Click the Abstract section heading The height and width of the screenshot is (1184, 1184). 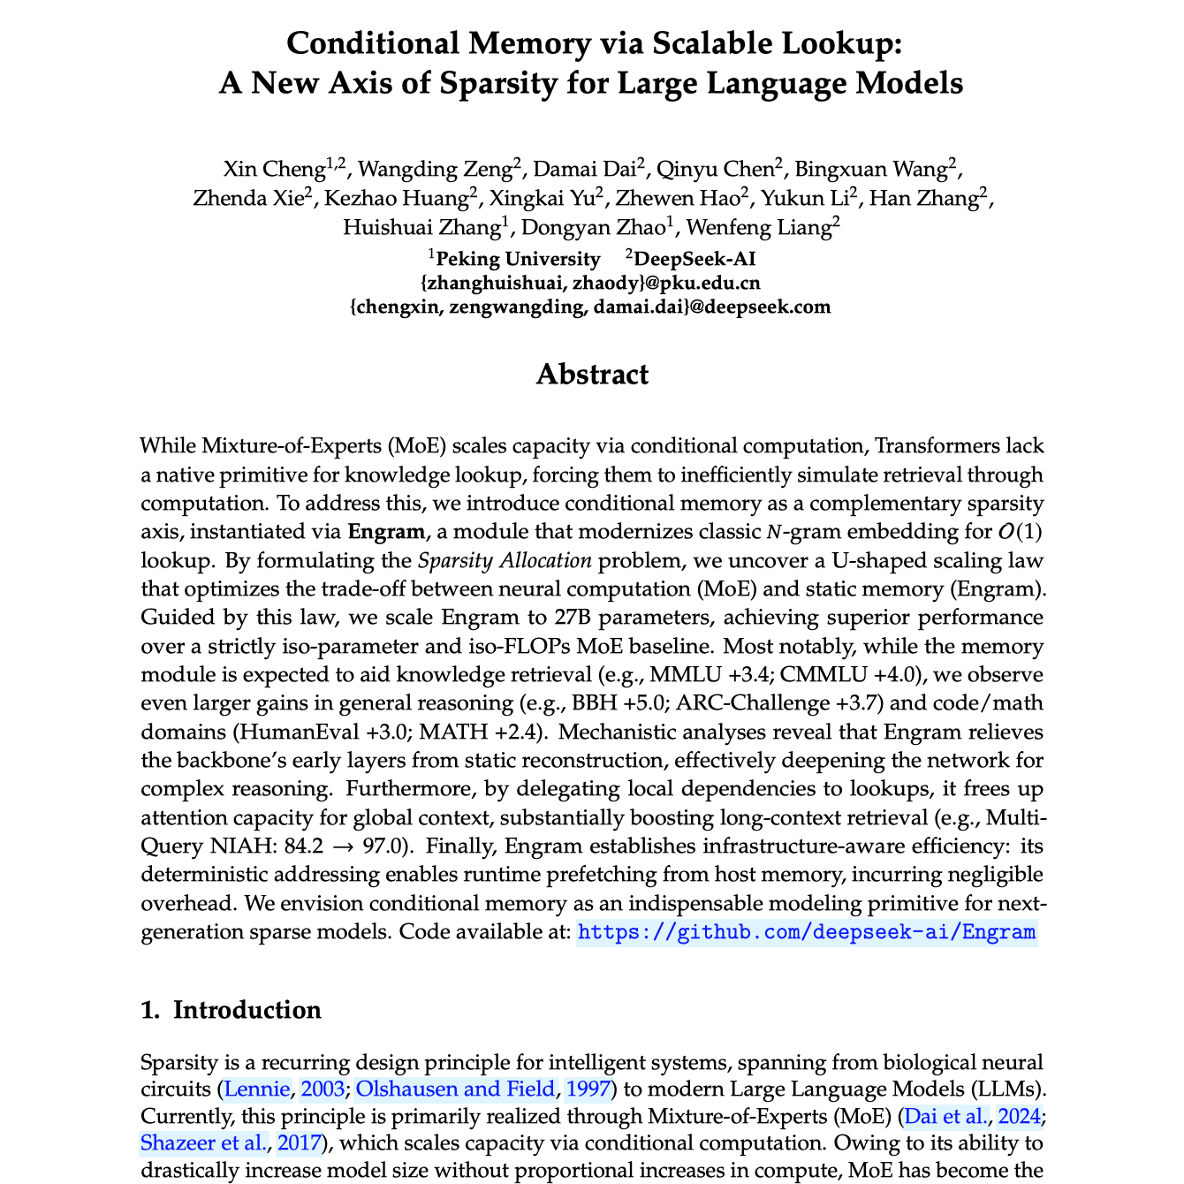tap(592, 375)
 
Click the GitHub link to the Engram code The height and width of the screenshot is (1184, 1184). tap(806, 932)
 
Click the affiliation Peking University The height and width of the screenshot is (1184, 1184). tap(517, 259)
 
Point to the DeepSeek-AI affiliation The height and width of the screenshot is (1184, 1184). tap(694, 259)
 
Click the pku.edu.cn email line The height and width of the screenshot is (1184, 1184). tap(591, 283)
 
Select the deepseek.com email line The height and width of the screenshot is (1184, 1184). tap(591, 307)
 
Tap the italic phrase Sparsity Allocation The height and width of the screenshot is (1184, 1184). tap(505, 560)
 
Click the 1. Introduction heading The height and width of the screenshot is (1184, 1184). tap(231, 1010)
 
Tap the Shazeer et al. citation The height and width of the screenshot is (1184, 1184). tap(204, 1142)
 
